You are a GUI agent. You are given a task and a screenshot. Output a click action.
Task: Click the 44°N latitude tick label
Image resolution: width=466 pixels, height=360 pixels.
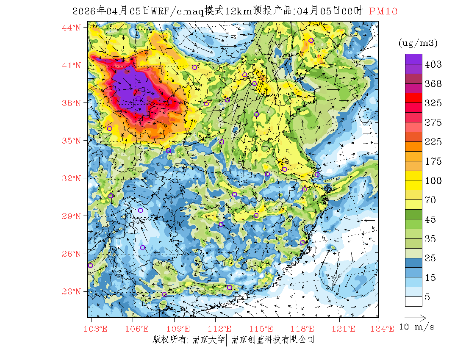(x=72, y=28)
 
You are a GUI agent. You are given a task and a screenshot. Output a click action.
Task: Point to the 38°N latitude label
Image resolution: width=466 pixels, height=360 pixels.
(x=72, y=103)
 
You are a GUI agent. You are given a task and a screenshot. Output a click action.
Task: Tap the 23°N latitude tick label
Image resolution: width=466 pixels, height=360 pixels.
(x=72, y=291)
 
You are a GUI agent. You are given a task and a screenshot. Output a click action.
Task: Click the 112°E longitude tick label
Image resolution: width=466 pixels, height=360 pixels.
(x=222, y=329)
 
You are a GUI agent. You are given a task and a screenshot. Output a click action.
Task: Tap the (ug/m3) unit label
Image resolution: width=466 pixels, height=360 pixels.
(x=418, y=43)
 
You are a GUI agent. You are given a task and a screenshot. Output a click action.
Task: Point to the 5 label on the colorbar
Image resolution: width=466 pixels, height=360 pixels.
(x=427, y=297)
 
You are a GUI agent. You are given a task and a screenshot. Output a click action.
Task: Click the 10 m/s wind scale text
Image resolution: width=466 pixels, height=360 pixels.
(x=417, y=327)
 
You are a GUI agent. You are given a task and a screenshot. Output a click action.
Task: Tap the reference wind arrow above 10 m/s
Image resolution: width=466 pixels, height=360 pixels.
(x=415, y=317)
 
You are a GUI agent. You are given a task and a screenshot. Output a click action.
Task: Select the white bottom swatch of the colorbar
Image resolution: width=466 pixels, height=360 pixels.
(x=413, y=301)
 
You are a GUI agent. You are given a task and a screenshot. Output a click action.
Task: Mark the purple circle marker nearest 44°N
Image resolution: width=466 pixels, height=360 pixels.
(x=311, y=41)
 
